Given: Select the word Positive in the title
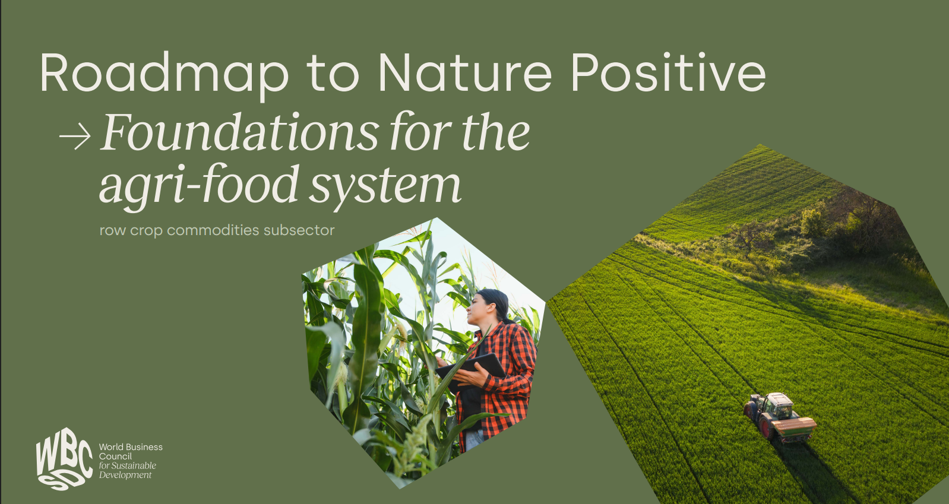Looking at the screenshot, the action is coord(669,71).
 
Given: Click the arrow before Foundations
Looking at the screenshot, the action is coord(75,137).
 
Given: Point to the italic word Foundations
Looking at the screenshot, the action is coord(239,132).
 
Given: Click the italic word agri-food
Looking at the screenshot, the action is coord(199,186).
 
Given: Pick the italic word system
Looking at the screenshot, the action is coord(385,187).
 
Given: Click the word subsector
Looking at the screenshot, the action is coord(299,230).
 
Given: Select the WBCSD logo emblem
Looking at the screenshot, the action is coord(64,459).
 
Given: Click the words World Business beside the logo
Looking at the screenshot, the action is coord(131,447).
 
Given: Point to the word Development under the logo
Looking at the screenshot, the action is coord(125,475).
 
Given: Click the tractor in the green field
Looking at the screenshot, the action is coord(780,417).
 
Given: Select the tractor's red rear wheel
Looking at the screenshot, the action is coord(767,427).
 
